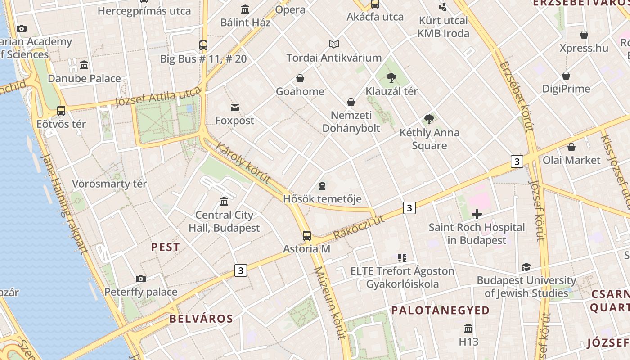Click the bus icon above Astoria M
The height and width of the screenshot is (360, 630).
[x=307, y=235]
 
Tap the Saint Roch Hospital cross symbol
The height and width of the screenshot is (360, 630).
[x=477, y=214]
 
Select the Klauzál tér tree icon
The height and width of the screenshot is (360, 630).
[x=391, y=78]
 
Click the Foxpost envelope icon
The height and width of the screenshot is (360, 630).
[x=235, y=108]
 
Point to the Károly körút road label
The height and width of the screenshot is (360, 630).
[x=243, y=163]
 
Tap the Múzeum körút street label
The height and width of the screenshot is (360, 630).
[x=330, y=302]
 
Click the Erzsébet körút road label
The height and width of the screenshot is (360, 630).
[x=516, y=96]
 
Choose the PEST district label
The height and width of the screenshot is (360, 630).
[x=166, y=247]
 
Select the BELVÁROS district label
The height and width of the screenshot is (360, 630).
[x=201, y=319]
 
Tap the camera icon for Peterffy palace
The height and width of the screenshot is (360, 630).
[x=141, y=279]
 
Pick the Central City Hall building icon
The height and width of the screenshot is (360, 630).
[x=224, y=201]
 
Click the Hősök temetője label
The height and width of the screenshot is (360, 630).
[x=322, y=198]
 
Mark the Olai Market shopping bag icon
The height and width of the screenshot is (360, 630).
[x=571, y=147]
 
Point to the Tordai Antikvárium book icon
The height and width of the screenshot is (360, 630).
[x=334, y=44]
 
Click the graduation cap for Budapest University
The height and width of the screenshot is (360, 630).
[x=526, y=267]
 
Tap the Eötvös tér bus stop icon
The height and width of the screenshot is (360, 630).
[x=61, y=110]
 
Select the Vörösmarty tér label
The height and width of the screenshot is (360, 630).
[x=109, y=184]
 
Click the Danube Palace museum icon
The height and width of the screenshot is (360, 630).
[x=84, y=65]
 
